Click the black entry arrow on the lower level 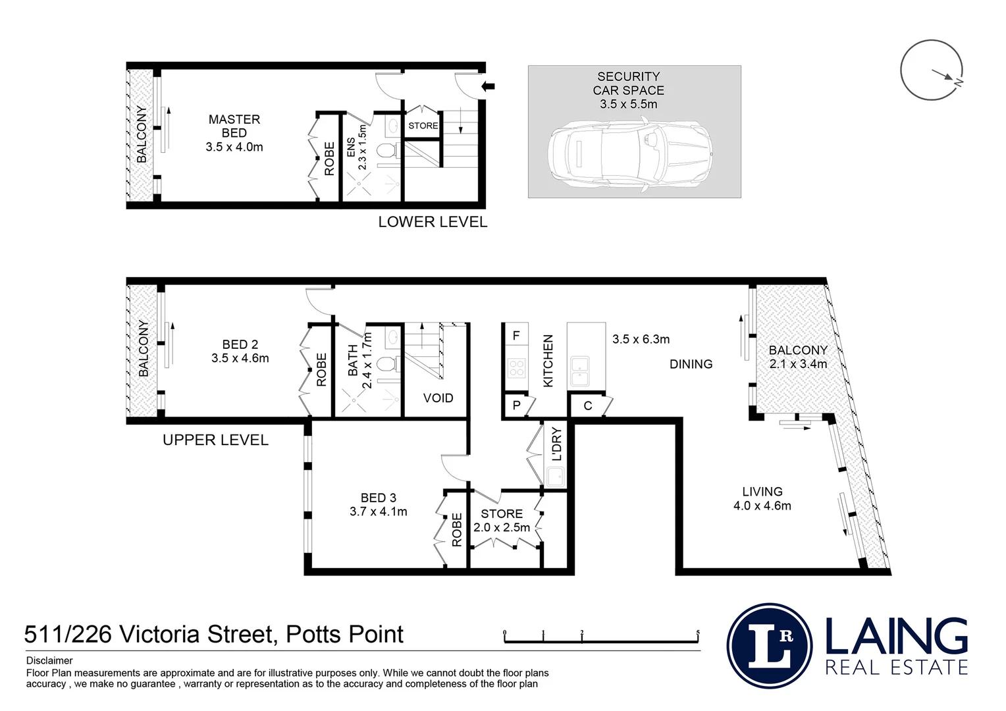488,86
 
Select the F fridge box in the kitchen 516,336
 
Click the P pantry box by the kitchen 516,406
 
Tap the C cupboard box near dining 588,406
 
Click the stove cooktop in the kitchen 516,367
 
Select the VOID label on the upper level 438,398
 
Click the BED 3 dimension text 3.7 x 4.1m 379,512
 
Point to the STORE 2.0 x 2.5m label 502,520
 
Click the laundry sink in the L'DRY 555,476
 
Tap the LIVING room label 762,492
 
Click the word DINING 691,364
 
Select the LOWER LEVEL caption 433,223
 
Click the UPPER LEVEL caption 215,440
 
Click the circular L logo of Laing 770,646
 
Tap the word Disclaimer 49,660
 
